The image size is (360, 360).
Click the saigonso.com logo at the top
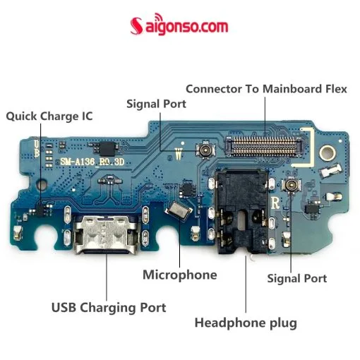pyautogui.click(x=179, y=25)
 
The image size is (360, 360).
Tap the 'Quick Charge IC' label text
pyautogui.click(x=49, y=116)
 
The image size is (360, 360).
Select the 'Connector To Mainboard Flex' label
pyautogui.click(x=266, y=89)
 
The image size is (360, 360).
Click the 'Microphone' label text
pyautogui.click(x=180, y=275)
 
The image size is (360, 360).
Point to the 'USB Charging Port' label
pyautogui.click(x=109, y=308)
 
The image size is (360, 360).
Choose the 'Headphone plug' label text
pyautogui.click(x=246, y=323)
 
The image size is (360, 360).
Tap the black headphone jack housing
pyautogui.click(x=242, y=211)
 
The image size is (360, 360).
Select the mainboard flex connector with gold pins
pyautogui.click(x=263, y=146)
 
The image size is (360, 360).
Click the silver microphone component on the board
pyautogui.click(x=179, y=211)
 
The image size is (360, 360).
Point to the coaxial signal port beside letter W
pyautogui.click(x=205, y=149)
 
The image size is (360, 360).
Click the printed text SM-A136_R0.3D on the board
pyautogui.click(x=92, y=162)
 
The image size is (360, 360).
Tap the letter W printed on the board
pyautogui.click(x=179, y=154)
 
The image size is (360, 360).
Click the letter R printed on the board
pyautogui.click(x=275, y=203)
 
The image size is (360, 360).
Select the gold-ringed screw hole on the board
pyautogui.click(x=327, y=152)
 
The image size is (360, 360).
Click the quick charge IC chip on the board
pyautogui.click(x=40, y=210)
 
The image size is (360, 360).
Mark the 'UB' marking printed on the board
pyautogui.click(x=37, y=149)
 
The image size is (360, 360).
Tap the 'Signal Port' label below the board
pyautogui.click(x=297, y=278)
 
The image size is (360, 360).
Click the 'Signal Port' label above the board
pyautogui.click(x=156, y=104)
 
